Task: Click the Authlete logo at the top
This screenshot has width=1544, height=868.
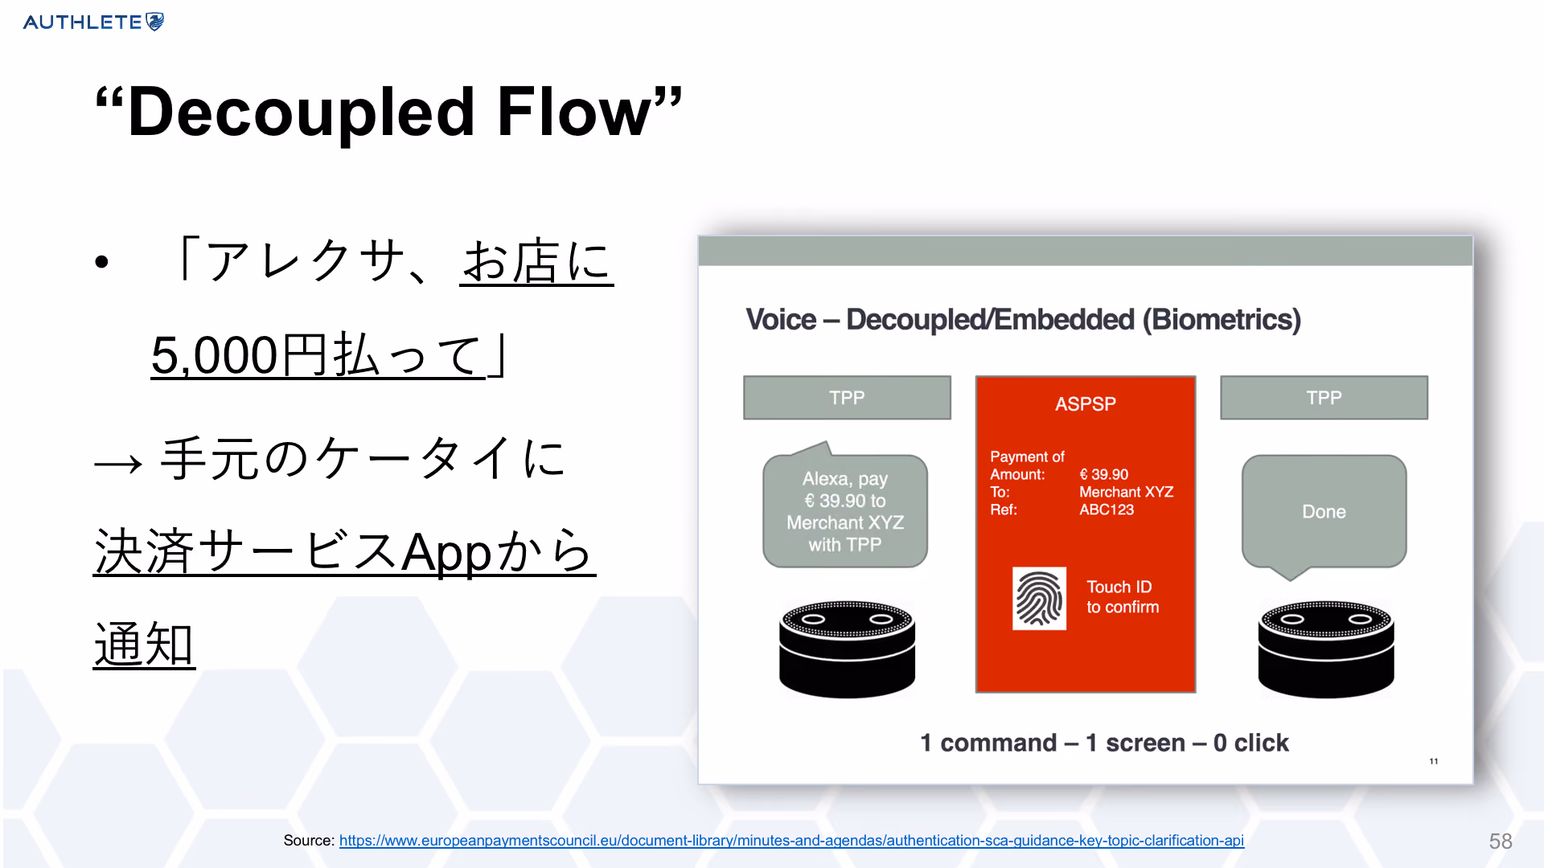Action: point(93,22)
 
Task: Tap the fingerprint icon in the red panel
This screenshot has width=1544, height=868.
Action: point(1039,599)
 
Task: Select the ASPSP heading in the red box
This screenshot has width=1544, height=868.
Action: point(1086,403)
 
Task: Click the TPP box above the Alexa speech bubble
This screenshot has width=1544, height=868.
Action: point(847,398)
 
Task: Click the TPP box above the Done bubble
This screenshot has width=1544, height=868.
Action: point(1324,398)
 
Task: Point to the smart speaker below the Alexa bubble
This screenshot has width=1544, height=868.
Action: point(847,649)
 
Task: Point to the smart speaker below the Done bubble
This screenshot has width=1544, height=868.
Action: point(1326,649)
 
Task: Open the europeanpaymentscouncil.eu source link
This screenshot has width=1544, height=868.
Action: point(791,841)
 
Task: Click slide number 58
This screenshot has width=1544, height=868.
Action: point(1501,841)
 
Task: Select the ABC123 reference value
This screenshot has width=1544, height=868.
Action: point(1107,510)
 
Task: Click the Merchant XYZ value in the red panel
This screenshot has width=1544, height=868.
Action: point(1127,492)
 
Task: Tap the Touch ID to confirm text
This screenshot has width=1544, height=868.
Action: point(1123,597)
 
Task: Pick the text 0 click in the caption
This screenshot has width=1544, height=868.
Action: point(1251,743)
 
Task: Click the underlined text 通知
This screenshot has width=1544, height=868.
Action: point(144,645)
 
